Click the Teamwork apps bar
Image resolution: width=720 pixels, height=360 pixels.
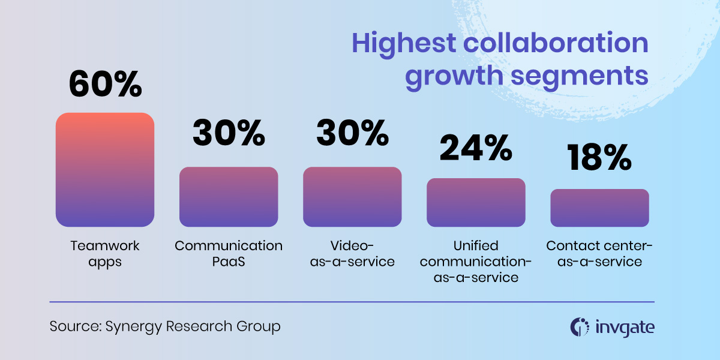click(x=105, y=170)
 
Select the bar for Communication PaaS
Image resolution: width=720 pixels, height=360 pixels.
click(x=229, y=197)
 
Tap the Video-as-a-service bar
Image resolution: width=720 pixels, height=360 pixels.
click(x=352, y=197)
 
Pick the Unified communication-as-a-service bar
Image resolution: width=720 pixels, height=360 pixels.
click(x=476, y=203)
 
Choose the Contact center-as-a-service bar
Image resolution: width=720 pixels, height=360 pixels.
click(x=600, y=208)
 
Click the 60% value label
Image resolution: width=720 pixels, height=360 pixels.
click(x=105, y=83)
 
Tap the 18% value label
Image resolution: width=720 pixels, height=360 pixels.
click(x=599, y=157)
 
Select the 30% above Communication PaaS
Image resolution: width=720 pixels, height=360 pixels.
click(x=229, y=133)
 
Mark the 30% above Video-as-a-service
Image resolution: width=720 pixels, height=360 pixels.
click(x=353, y=133)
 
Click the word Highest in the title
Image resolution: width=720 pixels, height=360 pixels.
click(x=404, y=44)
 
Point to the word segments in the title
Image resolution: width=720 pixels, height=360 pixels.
click(x=579, y=76)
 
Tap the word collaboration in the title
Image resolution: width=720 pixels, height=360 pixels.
click(x=556, y=43)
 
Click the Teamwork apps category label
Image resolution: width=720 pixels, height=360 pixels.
click(x=105, y=254)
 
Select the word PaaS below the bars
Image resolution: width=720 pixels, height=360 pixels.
click(x=229, y=262)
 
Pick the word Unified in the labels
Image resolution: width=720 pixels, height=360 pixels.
click(x=476, y=245)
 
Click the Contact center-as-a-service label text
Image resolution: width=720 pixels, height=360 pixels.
click(x=599, y=254)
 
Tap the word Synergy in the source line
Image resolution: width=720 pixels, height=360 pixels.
click(x=133, y=327)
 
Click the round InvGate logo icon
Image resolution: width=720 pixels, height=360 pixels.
click(x=580, y=327)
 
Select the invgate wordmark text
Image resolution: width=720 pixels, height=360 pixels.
click(x=625, y=328)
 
